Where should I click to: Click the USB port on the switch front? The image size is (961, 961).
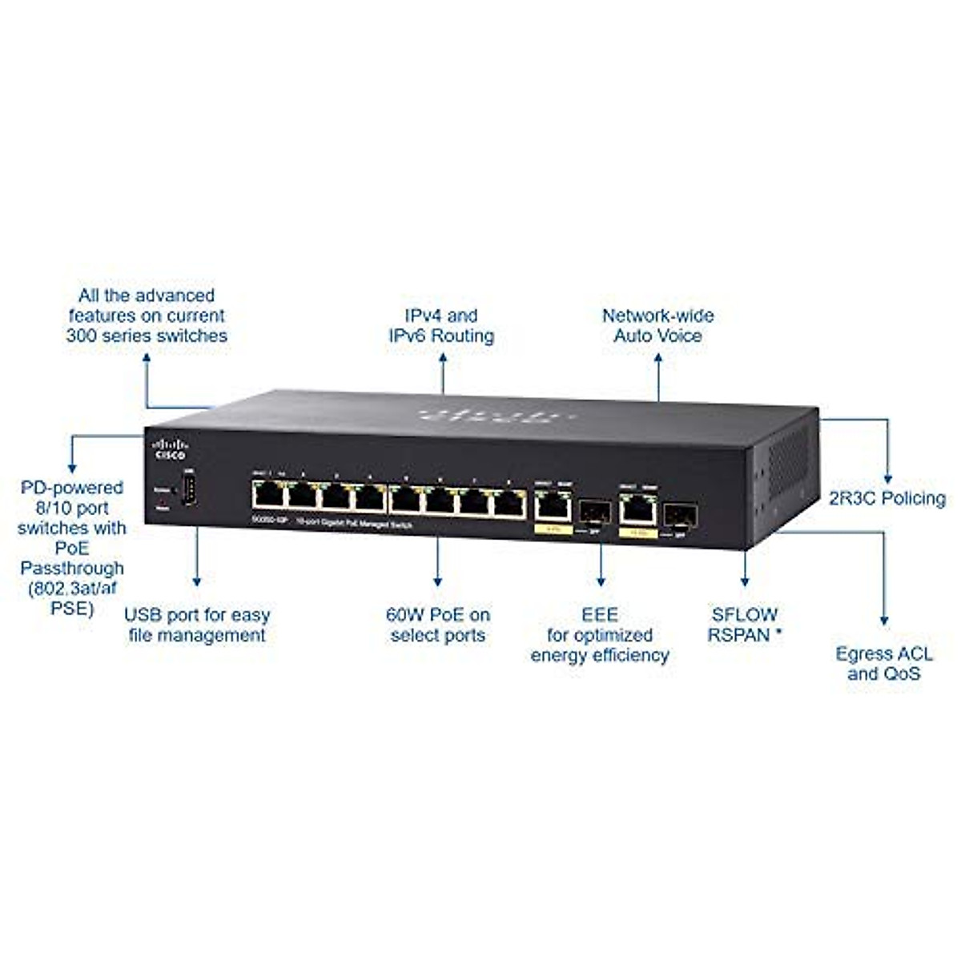click(190, 489)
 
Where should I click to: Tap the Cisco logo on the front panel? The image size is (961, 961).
click(169, 448)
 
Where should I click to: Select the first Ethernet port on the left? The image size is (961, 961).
click(267, 497)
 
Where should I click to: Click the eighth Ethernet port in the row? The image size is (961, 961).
click(509, 505)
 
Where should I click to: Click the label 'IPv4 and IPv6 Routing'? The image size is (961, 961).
click(441, 326)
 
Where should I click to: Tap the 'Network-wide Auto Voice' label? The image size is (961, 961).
click(657, 326)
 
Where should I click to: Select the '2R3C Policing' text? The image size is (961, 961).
click(887, 499)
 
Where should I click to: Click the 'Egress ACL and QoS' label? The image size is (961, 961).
click(884, 663)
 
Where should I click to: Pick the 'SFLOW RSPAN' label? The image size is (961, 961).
click(744, 625)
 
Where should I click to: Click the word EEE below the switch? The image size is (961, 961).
click(600, 614)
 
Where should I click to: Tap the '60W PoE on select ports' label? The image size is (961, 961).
click(437, 625)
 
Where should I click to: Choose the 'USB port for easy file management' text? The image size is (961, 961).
click(197, 625)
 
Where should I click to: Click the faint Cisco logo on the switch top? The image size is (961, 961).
click(488, 416)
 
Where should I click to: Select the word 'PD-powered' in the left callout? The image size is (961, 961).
click(72, 488)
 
